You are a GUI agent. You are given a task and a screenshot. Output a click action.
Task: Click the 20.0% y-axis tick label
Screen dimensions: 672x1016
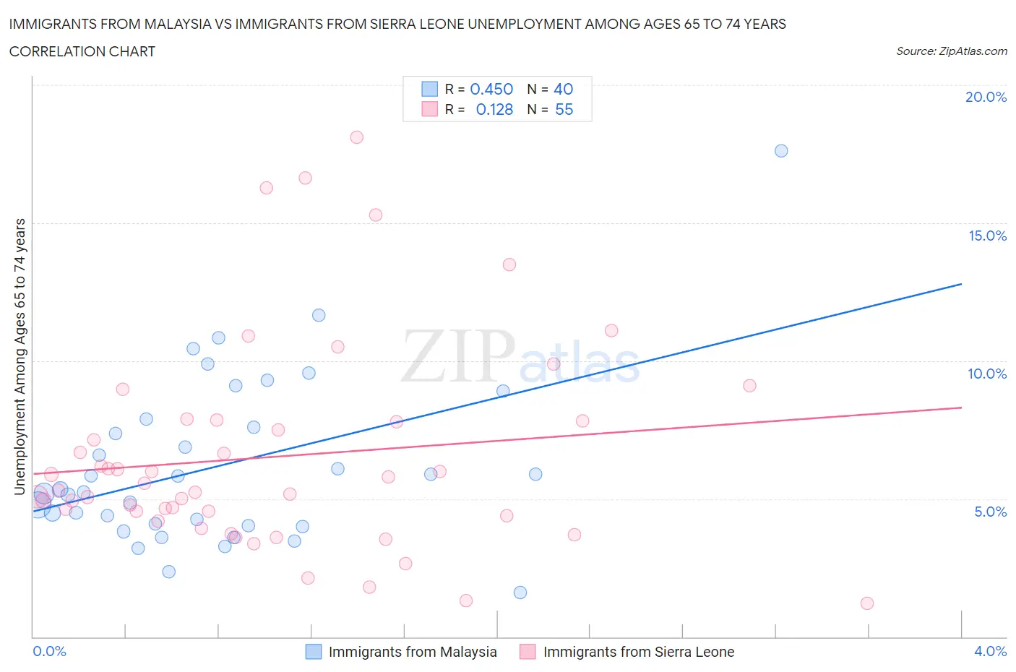[986, 97]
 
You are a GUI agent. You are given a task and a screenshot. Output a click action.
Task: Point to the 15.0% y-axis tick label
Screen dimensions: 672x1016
[987, 236]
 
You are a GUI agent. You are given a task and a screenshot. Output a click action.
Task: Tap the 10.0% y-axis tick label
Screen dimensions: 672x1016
[987, 374]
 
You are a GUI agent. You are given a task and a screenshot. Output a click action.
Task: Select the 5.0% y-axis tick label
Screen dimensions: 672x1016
[990, 512]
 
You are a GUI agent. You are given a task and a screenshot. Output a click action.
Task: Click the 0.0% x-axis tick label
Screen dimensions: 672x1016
[49, 651]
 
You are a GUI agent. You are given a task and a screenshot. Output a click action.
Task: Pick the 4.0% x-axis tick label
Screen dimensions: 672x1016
[990, 651]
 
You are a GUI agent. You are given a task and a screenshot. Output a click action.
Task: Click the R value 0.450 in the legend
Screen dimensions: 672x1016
[491, 89]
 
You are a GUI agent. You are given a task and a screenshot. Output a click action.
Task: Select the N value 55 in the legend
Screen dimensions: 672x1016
[564, 109]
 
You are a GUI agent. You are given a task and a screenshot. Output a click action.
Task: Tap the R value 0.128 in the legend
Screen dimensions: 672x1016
[494, 109]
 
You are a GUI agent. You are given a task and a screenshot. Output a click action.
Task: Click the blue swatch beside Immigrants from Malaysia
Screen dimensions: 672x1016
[313, 652]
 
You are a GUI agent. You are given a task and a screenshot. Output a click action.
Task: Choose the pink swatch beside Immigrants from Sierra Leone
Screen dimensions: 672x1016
[528, 652]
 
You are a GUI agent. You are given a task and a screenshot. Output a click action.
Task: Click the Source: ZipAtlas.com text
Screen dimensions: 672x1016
[951, 51]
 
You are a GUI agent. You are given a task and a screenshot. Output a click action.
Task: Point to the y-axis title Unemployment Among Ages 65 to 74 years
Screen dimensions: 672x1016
[20, 357]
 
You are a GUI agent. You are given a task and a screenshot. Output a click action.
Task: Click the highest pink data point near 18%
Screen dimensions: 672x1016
[356, 137]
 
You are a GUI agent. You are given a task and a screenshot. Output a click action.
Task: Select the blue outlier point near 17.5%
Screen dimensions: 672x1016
[781, 151]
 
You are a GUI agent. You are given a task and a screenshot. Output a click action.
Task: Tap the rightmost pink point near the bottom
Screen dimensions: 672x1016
[867, 603]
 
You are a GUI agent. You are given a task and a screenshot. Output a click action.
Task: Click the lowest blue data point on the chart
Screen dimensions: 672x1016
[520, 593]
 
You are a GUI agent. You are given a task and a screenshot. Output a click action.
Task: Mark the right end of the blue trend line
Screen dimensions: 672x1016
[961, 284]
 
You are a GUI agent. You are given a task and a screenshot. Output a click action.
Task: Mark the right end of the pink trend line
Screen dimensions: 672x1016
[961, 408]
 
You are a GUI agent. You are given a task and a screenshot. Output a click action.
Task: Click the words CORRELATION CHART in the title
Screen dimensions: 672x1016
[82, 51]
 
